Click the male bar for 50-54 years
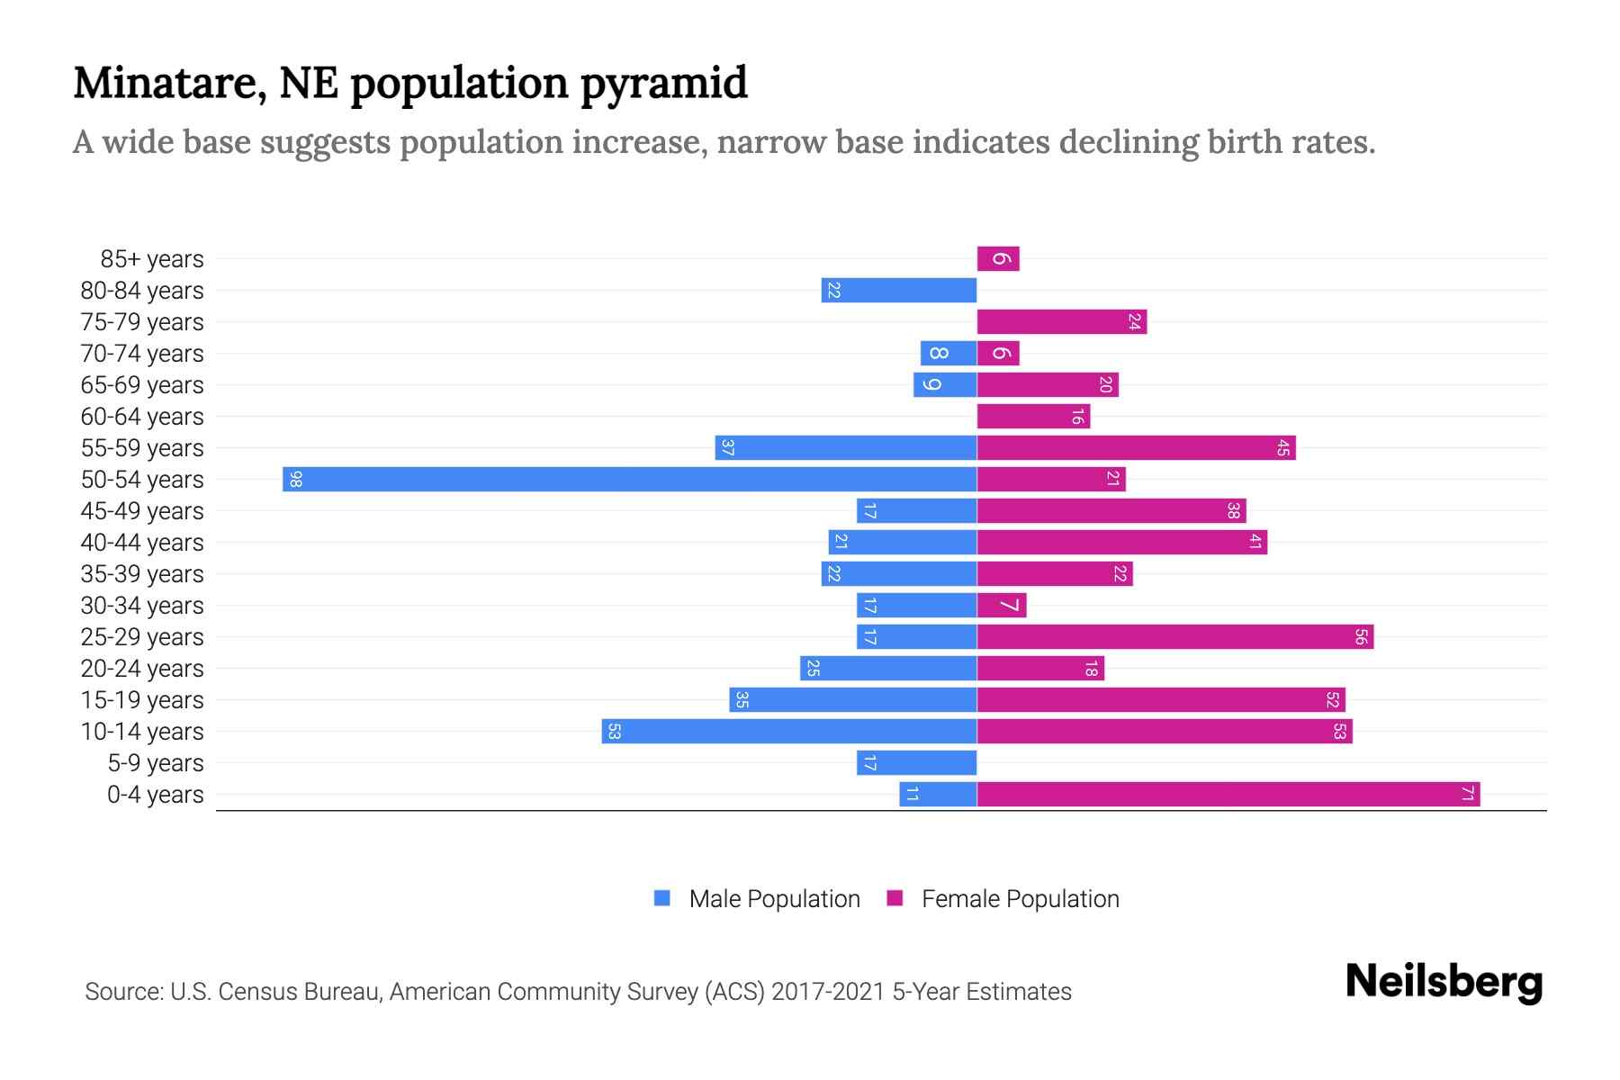click(x=630, y=479)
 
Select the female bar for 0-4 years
click(x=1228, y=794)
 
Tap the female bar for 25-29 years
click(x=1174, y=636)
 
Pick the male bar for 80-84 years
click(x=899, y=290)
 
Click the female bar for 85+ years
click(x=998, y=258)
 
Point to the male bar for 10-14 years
click(x=789, y=731)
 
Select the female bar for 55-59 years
click(x=1136, y=447)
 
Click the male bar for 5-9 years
click(x=916, y=762)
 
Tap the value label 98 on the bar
click(x=295, y=479)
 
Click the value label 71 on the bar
click(x=1467, y=794)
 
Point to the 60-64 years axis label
click(x=142, y=417)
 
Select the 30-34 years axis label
click(x=142, y=606)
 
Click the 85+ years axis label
click(x=152, y=259)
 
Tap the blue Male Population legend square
click(x=662, y=898)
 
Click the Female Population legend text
click(x=1020, y=899)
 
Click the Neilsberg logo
click(x=1444, y=982)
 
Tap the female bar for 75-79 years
click(x=1062, y=321)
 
